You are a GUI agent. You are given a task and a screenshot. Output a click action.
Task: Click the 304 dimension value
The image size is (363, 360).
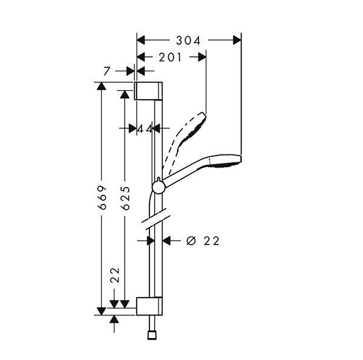coord(189,40)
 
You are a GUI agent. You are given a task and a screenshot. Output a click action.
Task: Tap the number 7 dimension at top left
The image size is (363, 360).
coord(106,71)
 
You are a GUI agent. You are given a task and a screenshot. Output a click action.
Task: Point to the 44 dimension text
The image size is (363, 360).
coord(144,128)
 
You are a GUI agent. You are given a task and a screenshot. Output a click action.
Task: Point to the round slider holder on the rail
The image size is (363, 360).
coord(158,187)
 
